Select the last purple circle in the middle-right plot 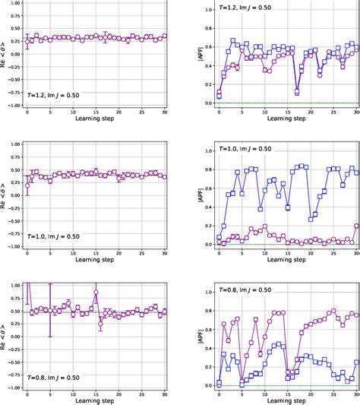click(356, 226)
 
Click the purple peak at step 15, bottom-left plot click(96, 292)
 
